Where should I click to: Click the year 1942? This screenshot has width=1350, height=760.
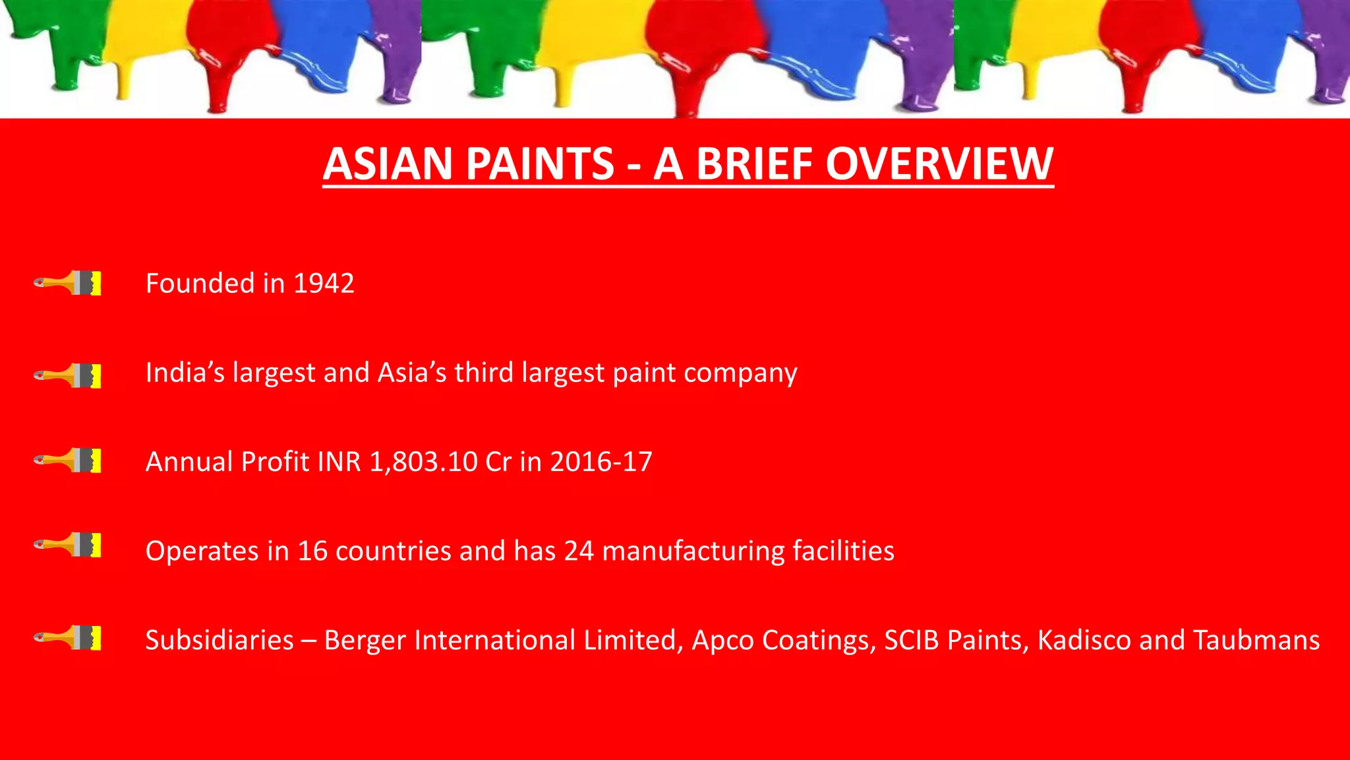[x=324, y=284]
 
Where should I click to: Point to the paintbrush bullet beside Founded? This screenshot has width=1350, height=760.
[x=68, y=283]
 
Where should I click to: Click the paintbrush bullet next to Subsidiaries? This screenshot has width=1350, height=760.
[x=68, y=638]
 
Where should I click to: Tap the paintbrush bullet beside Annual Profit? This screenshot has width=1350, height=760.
[x=68, y=460]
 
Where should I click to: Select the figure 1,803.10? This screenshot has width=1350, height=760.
[x=423, y=462]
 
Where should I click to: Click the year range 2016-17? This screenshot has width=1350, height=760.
[x=601, y=462]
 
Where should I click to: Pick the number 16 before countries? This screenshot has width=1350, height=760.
[x=312, y=551]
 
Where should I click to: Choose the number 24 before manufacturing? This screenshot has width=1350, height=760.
[x=579, y=551]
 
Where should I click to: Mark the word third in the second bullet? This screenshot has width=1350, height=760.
[x=484, y=373]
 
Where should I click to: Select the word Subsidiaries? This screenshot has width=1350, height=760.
[x=220, y=640]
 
